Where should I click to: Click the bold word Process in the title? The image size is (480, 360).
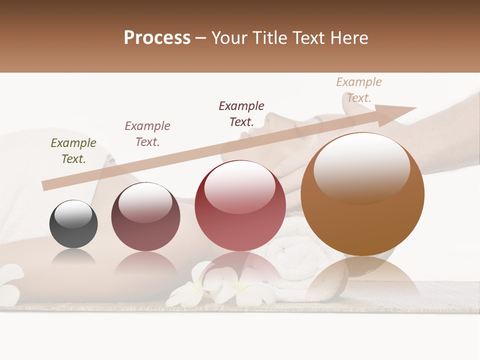(157, 38)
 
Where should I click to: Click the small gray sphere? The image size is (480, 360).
(73, 224)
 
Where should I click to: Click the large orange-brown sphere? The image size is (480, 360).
(362, 195)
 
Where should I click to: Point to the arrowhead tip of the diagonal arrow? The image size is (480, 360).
(416, 108)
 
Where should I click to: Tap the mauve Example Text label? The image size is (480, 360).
(147, 134)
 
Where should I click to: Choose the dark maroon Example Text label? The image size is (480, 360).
(241, 113)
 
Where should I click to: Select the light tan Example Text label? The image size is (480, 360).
(359, 90)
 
